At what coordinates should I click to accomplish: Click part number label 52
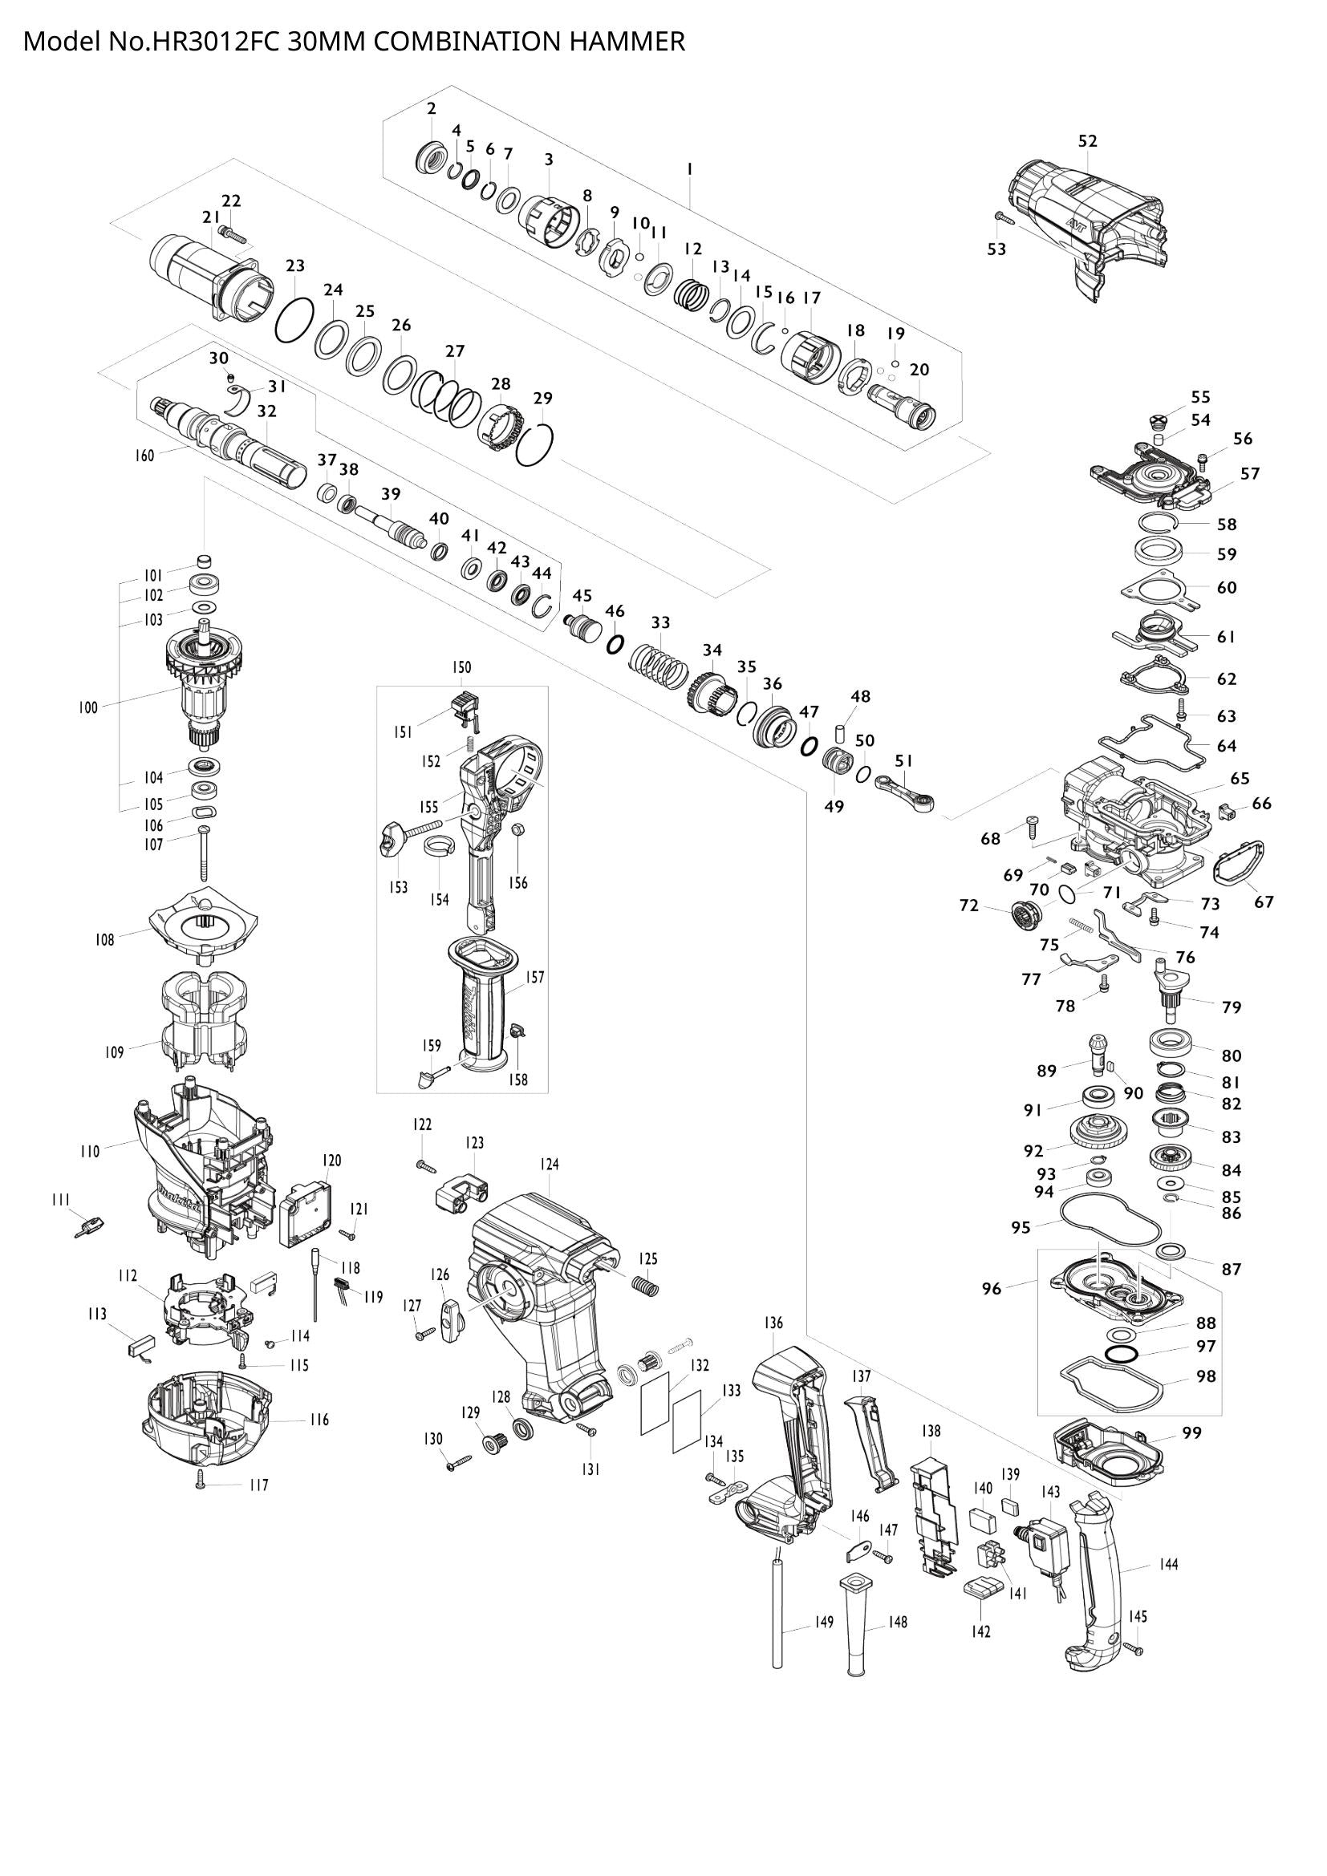(x=1087, y=141)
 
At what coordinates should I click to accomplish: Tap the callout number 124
(x=549, y=1165)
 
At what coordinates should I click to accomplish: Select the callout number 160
(x=144, y=456)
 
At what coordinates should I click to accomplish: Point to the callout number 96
(x=991, y=1289)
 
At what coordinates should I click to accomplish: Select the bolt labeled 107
(x=203, y=854)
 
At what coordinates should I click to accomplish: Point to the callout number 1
(x=691, y=169)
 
